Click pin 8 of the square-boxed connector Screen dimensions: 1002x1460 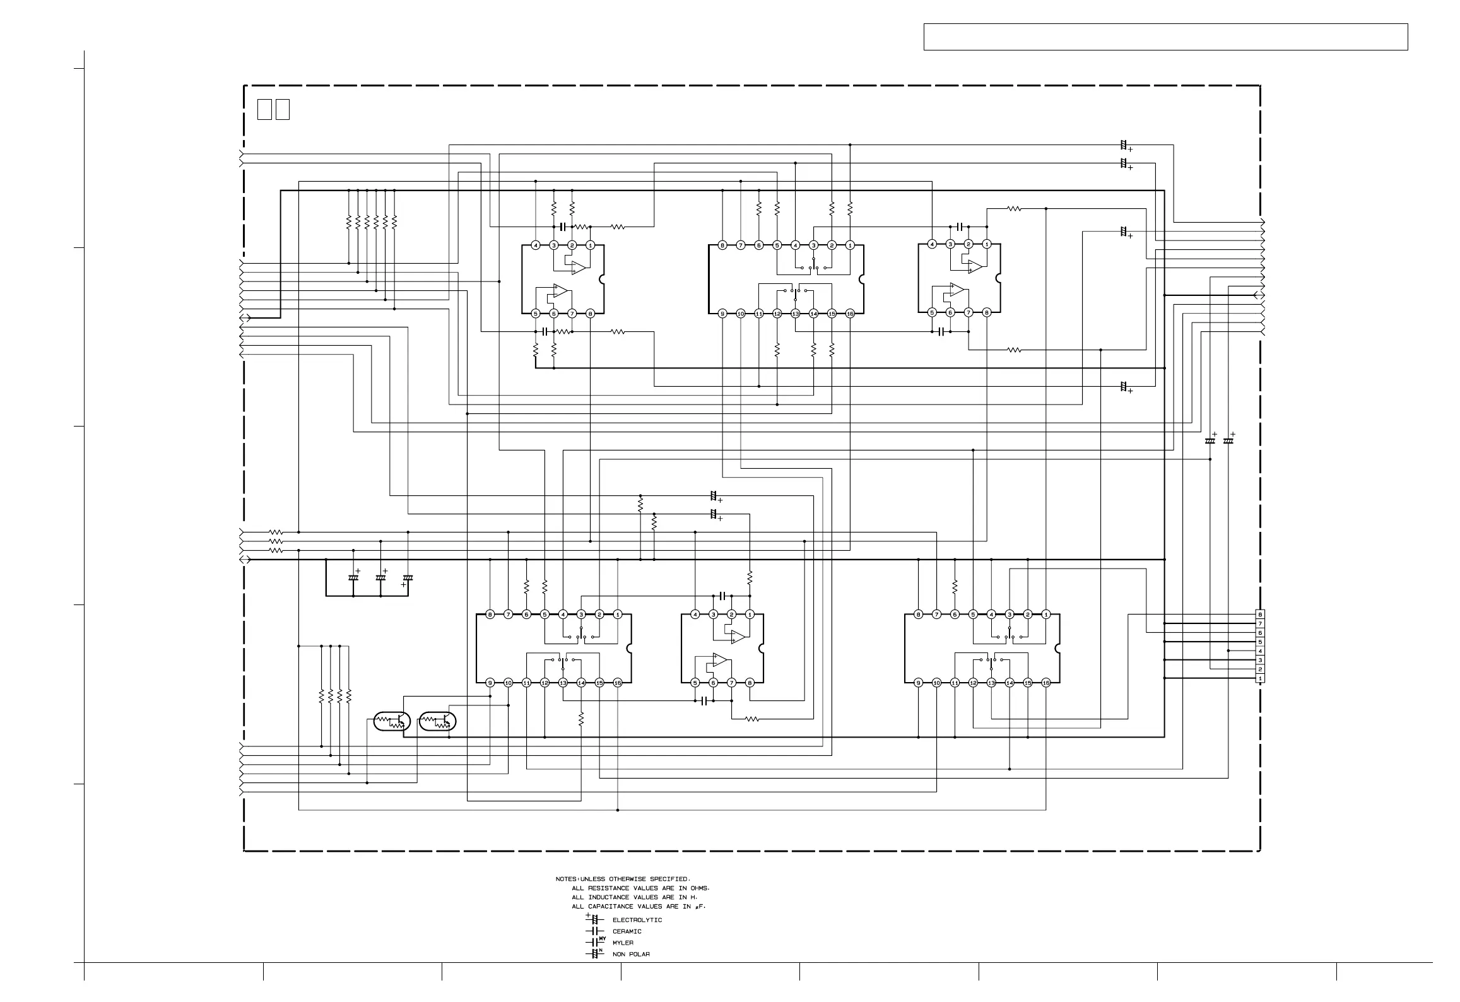pyautogui.click(x=1260, y=614)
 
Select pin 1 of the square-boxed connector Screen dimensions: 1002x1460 pyautogui.click(x=1260, y=678)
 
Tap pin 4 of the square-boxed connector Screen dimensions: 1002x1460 pyautogui.click(x=1260, y=651)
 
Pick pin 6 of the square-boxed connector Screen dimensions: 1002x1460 pyautogui.click(x=1260, y=632)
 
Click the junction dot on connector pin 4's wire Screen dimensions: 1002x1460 pyautogui.click(x=1228, y=651)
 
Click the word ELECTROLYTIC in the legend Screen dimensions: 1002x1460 pyautogui.click(x=637, y=920)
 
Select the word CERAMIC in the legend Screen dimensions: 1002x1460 pyautogui.click(x=627, y=931)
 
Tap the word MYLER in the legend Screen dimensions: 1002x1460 pyautogui.click(x=623, y=943)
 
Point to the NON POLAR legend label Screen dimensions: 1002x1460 pyautogui.click(x=631, y=954)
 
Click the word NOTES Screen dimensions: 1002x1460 pyautogui.click(x=566, y=879)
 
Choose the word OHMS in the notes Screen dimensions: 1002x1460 pyautogui.click(x=699, y=888)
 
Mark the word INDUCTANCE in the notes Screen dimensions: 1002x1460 pyautogui.click(x=608, y=897)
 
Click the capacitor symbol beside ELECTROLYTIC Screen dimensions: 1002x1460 pyautogui.click(x=594, y=920)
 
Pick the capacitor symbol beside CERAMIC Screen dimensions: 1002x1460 pyautogui.click(x=592, y=931)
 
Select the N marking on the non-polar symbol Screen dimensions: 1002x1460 pyautogui.click(x=601, y=950)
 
